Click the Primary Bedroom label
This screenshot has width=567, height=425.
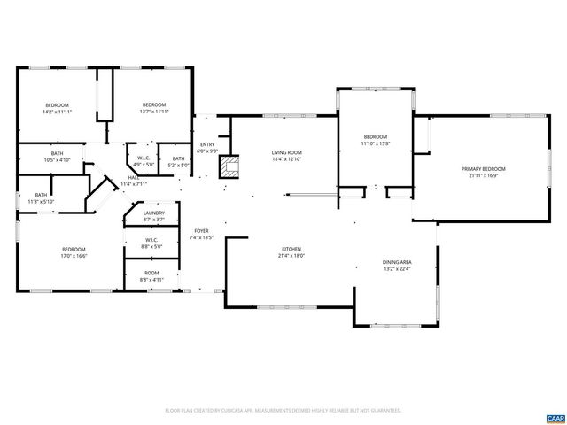(483, 169)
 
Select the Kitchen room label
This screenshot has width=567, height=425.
(291, 250)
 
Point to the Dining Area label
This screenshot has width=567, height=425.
(397, 262)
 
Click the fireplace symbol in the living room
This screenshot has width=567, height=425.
(231, 166)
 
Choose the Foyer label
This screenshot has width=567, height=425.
(201, 231)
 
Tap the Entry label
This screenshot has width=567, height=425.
(207, 145)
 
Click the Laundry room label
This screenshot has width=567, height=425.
(153, 213)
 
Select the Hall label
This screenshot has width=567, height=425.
(133, 178)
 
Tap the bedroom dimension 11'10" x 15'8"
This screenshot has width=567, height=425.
(375, 143)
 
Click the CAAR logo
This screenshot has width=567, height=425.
(554, 417)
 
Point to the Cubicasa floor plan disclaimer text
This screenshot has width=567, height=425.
(283, 410)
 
